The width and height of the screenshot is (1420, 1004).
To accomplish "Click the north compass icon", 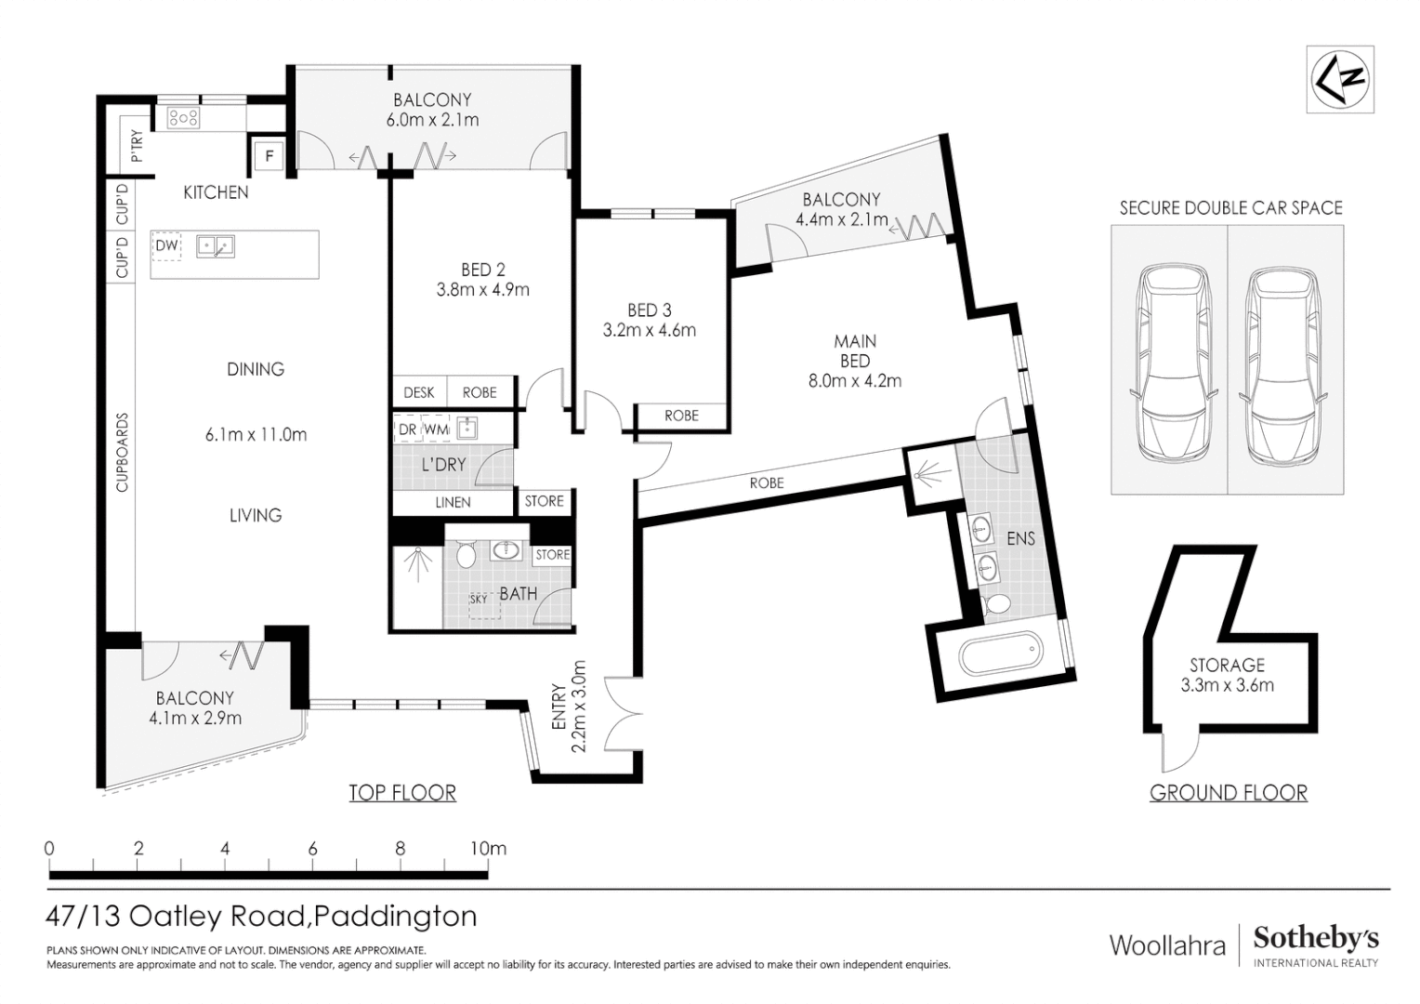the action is point(1340,79).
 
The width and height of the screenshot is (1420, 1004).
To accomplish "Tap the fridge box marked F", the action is point(270,155).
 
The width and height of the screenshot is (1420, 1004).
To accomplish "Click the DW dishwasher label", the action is point(166,245).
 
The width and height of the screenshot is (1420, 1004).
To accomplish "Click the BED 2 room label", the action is point(483,270).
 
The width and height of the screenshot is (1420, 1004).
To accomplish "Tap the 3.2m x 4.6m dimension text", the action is point(650,330).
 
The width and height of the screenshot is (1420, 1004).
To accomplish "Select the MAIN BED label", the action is point(855,350).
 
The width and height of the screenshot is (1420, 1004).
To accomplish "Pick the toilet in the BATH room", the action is point(466,554).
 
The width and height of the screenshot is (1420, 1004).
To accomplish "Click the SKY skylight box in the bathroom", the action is point(484,606).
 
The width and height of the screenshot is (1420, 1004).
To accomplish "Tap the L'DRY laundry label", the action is point(444,465).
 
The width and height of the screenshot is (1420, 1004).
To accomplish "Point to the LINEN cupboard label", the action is point(453,502).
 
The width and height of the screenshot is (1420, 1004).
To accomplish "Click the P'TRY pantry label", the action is point(138,147).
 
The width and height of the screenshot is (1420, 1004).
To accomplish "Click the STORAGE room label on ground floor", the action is point(1227,665).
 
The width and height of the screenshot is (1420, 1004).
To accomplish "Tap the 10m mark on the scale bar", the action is point(489,849).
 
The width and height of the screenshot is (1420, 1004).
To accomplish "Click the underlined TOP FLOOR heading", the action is point(402,793).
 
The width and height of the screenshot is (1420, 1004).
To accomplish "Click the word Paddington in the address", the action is point(395,918).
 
